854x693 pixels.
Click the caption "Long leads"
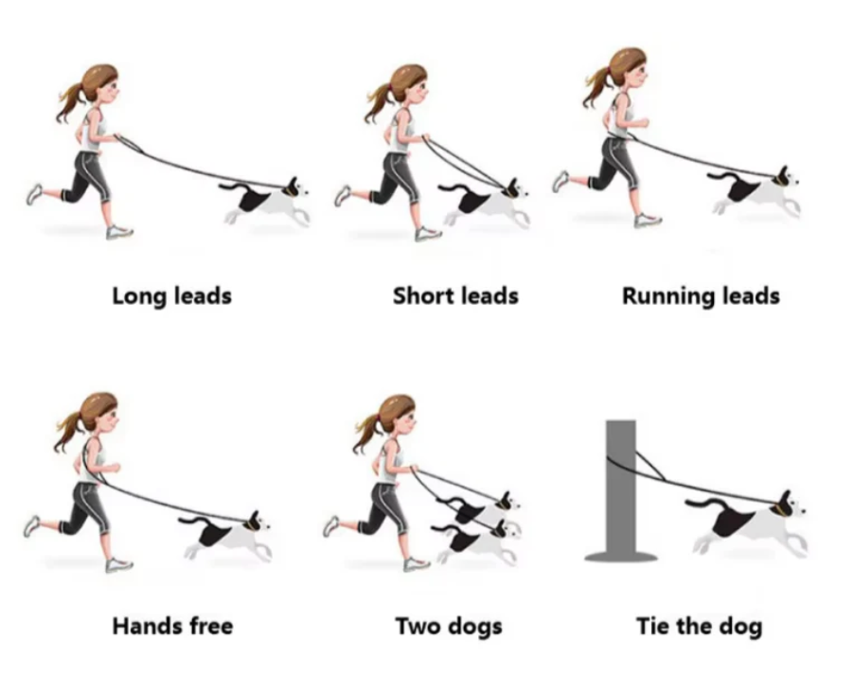click(171, 296)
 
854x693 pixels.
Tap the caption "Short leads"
click(455, 296)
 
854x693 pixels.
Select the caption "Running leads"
click(701, 296)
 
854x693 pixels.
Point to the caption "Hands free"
click(171, 626)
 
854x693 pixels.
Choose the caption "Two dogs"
click(449, 626)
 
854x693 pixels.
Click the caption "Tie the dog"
click(699, 626)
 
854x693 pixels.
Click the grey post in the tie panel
click(621, 483)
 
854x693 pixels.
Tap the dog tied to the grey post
click(748, 524)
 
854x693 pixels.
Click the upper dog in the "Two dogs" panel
click(483, 509)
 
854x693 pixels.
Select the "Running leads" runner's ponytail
click(598, 87)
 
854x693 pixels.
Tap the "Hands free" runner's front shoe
click(118, 564)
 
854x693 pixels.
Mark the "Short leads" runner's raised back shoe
click(343, 195)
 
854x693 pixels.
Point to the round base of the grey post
click(621, 556)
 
